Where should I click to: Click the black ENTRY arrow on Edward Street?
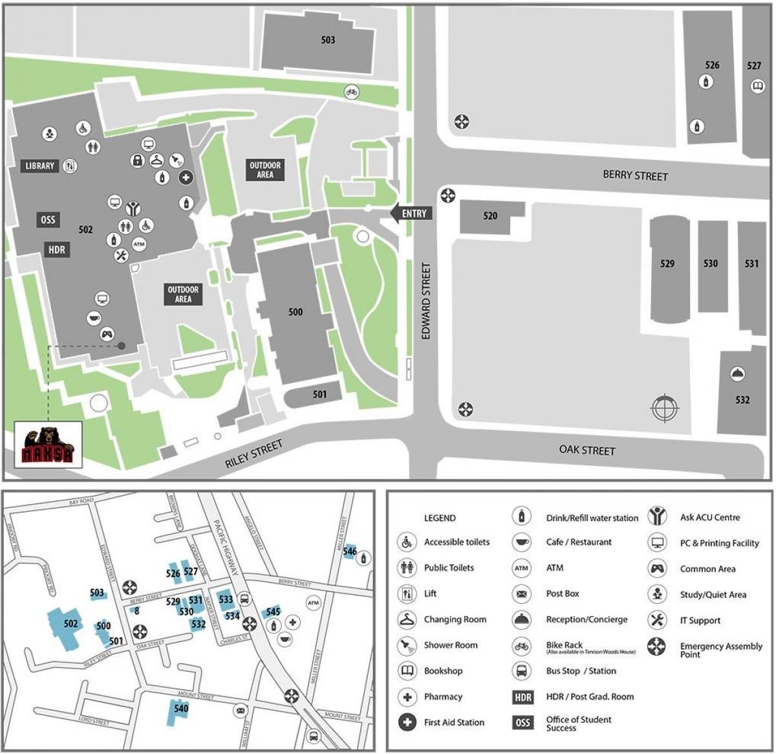(411, 213)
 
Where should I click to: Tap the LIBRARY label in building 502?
(40, 166)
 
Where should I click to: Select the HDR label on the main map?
(56, 249)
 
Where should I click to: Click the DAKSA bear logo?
(48, 445)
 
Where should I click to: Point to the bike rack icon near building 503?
(351, 92)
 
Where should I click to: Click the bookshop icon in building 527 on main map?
(757, 86)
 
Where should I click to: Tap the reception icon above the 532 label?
(738, 373)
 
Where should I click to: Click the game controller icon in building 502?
(107, 335)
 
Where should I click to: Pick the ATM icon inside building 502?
(139, 244)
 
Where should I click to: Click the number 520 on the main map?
(490, 216)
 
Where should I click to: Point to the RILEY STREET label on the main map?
(253, 454)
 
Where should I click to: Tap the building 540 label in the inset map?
(181, 708)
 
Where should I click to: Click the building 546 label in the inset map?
(350, 551)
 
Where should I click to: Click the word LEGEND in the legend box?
(440, 518)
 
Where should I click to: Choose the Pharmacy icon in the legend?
(407, 697)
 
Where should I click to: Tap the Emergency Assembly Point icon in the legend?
(657, 646)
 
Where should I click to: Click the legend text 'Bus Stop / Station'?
(581, 671)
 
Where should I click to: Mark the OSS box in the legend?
(523, 723)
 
